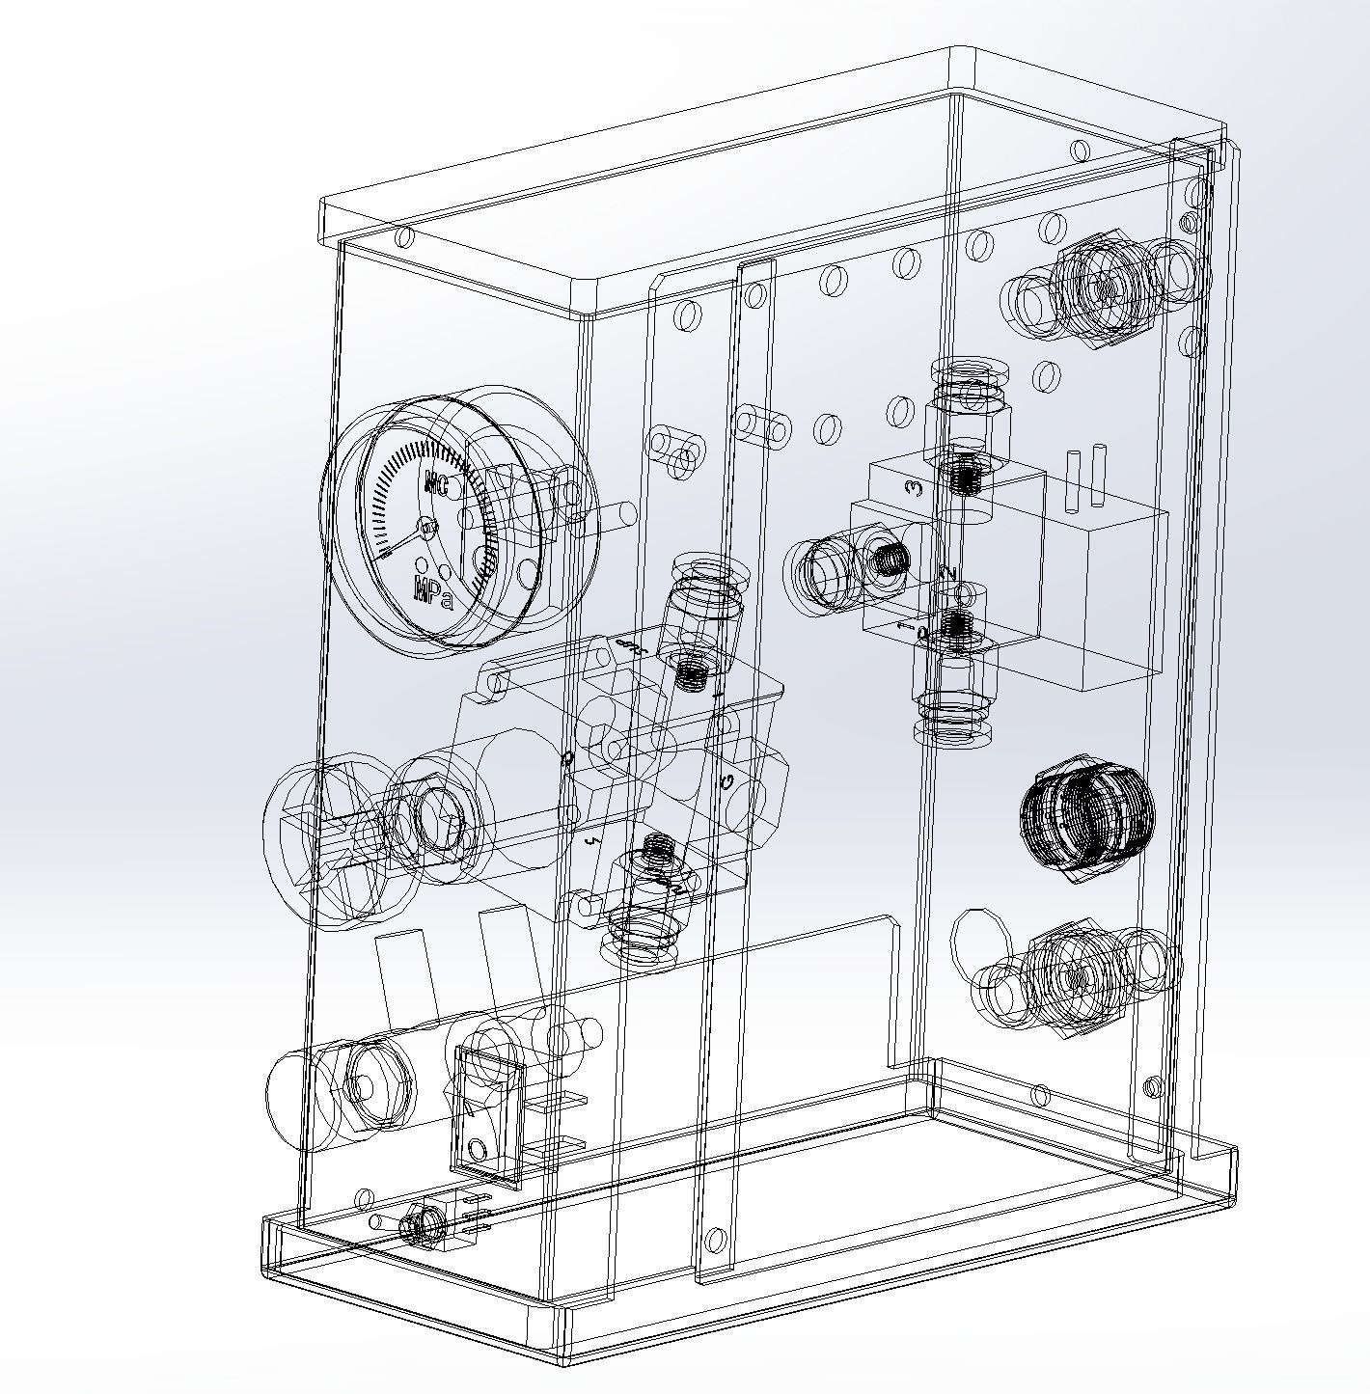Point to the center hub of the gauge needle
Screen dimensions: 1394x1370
click(x=428, y=527)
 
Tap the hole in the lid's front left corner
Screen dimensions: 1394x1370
click(x=404, y=236)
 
